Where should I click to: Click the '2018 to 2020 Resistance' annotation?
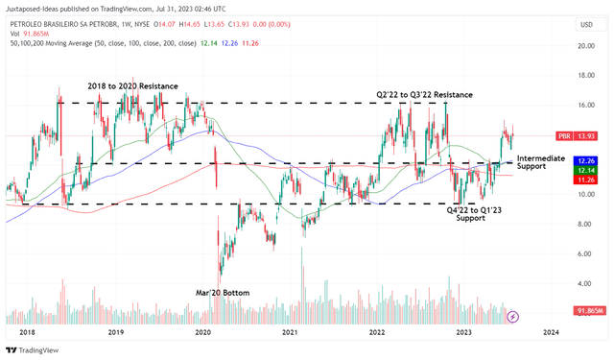tap(133, 86)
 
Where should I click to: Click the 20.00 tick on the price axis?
tap(587, 45)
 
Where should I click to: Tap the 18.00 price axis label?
tap(587, 75)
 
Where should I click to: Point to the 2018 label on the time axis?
tap(28, 331)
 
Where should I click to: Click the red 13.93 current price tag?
tap(586, 136)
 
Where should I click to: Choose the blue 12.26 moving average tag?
tap(586, 159)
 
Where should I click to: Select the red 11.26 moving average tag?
tap(586, 179)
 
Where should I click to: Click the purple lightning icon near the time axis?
tap(512, 315)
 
